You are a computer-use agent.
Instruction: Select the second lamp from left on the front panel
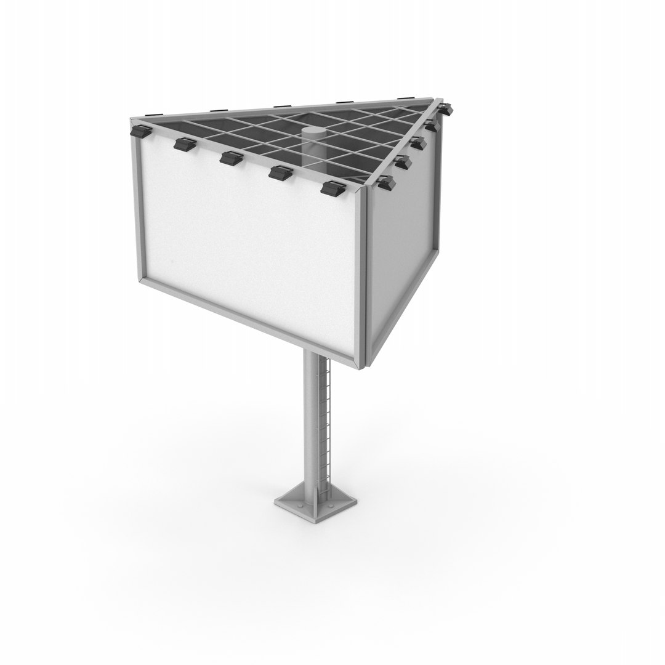click(x=183, y=145)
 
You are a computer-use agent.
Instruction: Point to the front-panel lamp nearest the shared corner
click(x=332, y=188)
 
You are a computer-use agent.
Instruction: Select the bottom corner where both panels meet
click(x=363, y=366)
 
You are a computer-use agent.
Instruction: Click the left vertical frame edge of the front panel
click(x=139, y=209)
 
